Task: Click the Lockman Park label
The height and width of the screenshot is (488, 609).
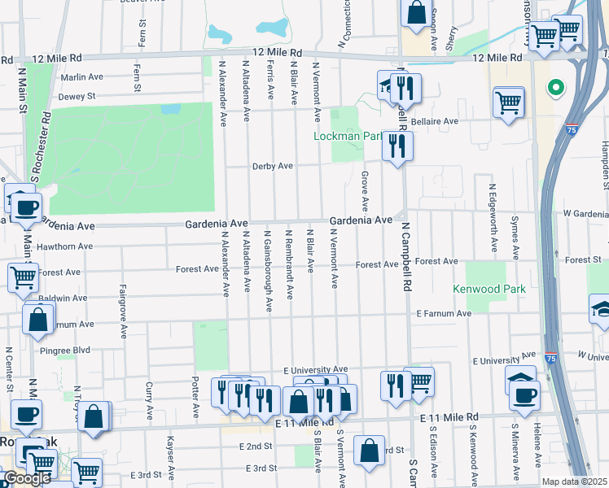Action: tap(348, 136)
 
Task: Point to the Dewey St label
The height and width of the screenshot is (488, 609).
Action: tap(77, 96)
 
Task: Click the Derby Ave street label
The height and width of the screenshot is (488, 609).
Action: tap(273, 166)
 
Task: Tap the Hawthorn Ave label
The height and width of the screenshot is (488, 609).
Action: tap(64, 246)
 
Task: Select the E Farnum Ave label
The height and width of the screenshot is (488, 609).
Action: tap(444, 313)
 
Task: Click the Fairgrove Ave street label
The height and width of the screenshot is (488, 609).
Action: tap(124, 312)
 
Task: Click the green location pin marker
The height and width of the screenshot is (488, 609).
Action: tap(556, 87)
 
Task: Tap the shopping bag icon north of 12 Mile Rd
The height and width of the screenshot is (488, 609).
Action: tap(416, 13)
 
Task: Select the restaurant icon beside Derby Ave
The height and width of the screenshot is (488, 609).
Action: tap(397, 146)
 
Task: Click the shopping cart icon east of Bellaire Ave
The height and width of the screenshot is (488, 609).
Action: tap(508, 102)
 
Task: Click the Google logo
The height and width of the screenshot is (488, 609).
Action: tap(28, 479)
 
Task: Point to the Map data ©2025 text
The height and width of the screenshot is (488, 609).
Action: tap(574, 481)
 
